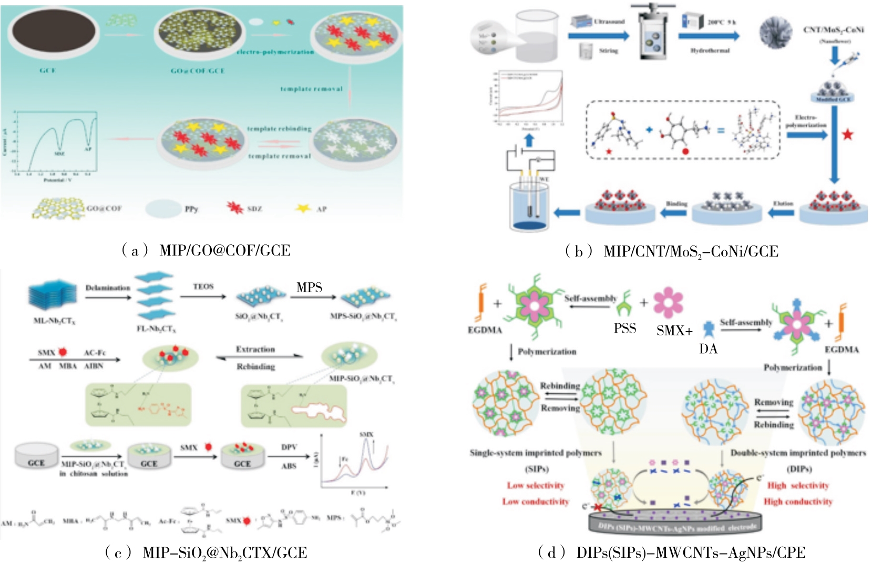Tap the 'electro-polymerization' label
point(275,52)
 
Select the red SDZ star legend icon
point(235,208)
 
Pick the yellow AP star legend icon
point(303,208)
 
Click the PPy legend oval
point(163,209)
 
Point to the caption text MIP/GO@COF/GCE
point(224,251)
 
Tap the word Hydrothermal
point(710,50)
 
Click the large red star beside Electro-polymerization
point(848,135)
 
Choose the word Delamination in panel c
point(108,288)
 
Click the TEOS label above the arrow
point(203,286)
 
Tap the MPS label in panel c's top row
point(309,287)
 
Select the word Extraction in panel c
point(255,349)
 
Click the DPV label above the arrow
point(289,447)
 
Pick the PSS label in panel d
point(625,329)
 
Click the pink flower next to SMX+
point(668,303)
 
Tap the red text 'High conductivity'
point(798,501)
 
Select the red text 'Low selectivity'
point(536,485)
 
